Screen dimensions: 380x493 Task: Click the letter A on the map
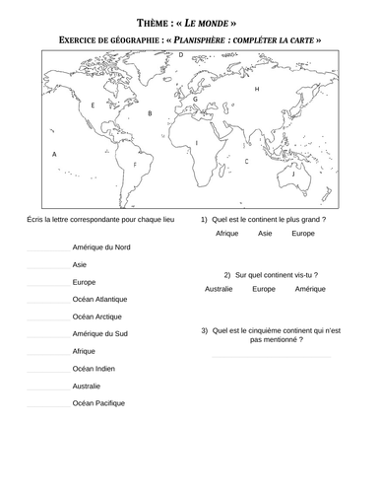point(55,154)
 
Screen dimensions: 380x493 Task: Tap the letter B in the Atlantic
point(150,113)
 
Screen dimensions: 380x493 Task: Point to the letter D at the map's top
point(181,56)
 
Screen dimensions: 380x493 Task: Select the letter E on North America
point(93,104)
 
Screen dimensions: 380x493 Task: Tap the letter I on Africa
point(196,143)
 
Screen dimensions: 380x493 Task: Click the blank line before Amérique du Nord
point(48,248)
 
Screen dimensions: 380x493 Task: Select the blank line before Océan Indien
point(48,370)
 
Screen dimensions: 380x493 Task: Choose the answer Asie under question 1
point(265,235)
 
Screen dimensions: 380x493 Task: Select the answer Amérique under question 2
point(310,289)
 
